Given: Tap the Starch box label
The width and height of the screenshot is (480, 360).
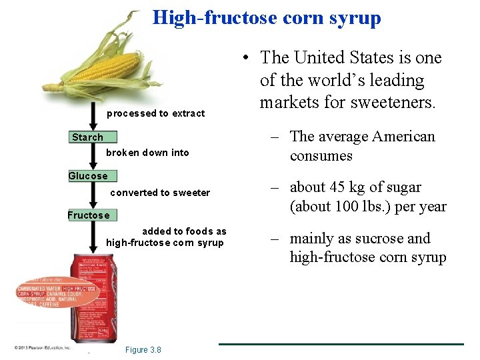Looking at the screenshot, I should click(88, 137).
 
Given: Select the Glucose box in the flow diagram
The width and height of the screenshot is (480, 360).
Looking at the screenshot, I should click(88, 176).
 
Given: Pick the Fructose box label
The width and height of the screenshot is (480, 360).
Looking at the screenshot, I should click(88, 215).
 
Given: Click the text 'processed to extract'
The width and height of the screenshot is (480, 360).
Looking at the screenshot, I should click(155, 113).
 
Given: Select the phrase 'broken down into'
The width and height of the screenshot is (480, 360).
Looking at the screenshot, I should click(147, 153).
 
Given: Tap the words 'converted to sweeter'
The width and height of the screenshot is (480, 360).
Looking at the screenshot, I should click(159, 193).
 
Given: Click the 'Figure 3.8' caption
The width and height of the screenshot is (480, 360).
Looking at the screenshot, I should click(143, 351).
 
